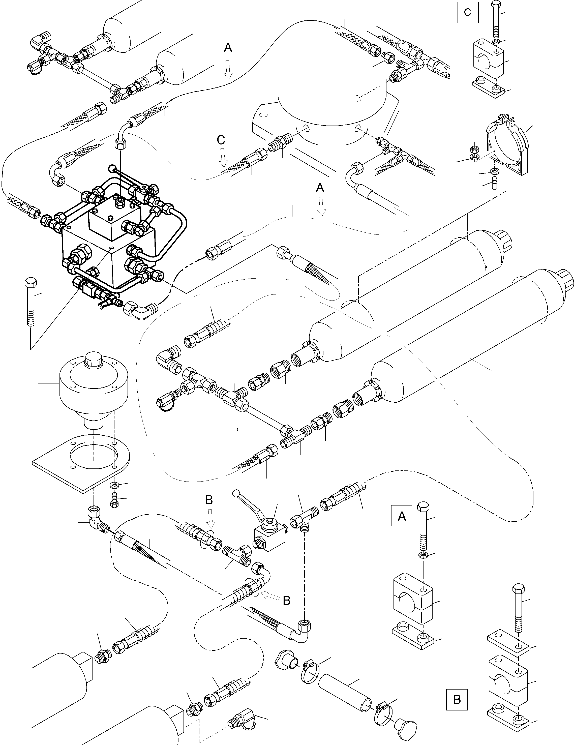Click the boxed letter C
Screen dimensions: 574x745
(468, 13)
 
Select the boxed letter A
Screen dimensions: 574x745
(402, 516)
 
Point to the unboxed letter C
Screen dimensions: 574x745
(221, 140)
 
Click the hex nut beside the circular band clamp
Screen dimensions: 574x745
(473, 149)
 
